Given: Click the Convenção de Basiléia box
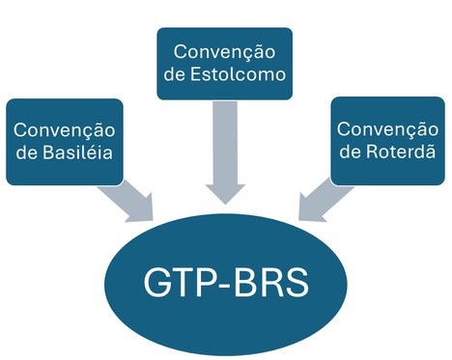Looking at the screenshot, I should (x=64, y=141).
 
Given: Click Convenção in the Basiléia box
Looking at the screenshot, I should (x=64, y=129).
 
